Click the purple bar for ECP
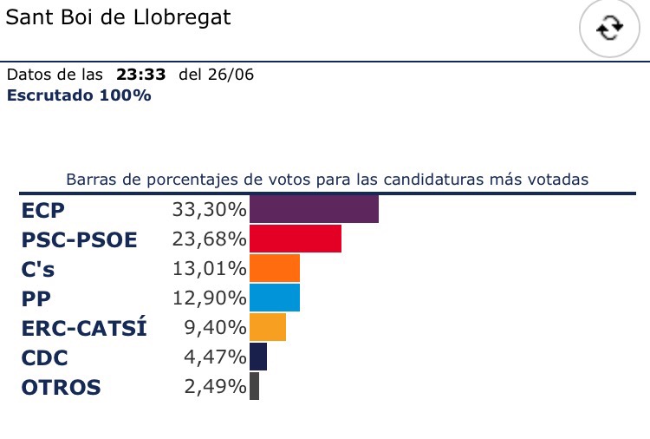(x=314, y=209)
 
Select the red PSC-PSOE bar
(x=295, y=239)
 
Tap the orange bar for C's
(x=274, y=268)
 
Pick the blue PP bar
(x=274, y=298)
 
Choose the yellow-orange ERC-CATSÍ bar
(x=267, y=327)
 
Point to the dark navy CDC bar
(x=257, y=357)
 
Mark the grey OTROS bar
(x=254, y=386)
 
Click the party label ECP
(x=43, y=210)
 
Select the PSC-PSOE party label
(x=79, y=239)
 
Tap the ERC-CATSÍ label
(x=84, y=328)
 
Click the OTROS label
(x=61, y=387)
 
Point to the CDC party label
(x=44, y=357)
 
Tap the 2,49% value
(x=215, y=386)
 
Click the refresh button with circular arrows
(x=610, y=29)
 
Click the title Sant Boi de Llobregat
(x=119, y=17)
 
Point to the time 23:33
(x=140, y=75)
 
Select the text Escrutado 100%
(x=79, y=95)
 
